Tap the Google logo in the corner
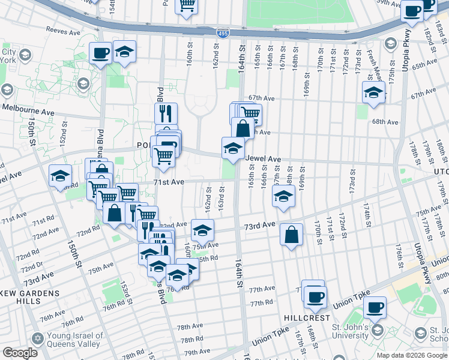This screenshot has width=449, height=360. click(x=19, y=352)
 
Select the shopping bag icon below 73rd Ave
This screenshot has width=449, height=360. click(x=291, y=235)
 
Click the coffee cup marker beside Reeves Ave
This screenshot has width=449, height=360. click(x=100, y=52)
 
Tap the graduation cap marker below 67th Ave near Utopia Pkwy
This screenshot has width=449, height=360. click(x=373, y=92)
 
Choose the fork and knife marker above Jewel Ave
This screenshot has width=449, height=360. click(x=165, y=112)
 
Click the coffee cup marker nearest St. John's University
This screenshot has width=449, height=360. click(x=375, y=307)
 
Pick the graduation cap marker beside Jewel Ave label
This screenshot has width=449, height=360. click(x=233, y=147)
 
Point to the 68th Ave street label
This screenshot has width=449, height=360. click(x=385, y=122)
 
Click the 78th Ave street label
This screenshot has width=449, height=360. click(x=190, y=326)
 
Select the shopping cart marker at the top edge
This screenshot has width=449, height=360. click(x=187, y=5)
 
